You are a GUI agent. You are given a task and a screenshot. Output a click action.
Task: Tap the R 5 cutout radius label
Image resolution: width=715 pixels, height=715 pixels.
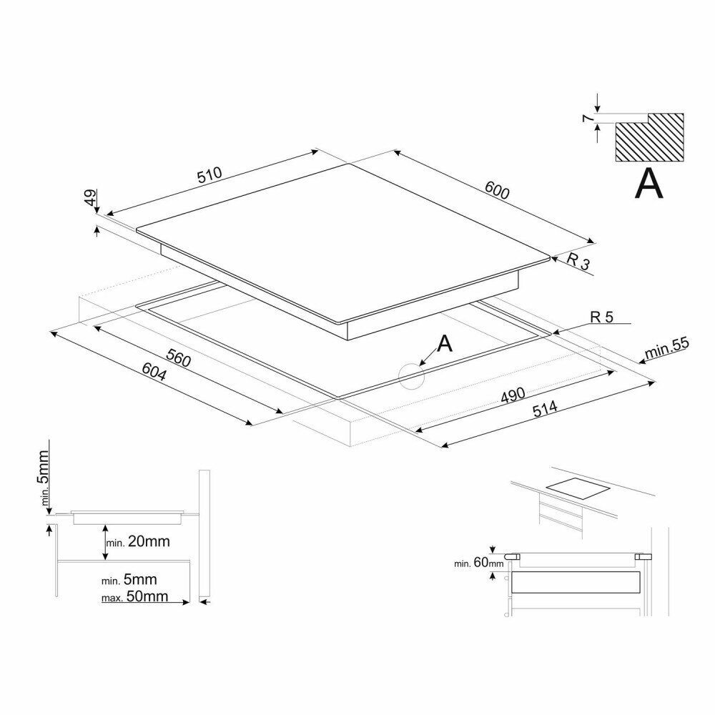[601, 317]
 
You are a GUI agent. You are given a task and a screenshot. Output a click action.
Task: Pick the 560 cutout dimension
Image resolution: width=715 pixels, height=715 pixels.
[179, 357]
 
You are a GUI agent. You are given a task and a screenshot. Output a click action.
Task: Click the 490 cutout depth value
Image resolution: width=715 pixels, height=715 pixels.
[512, 395]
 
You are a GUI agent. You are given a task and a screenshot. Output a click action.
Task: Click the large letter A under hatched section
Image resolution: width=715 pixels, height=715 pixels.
[649, 184]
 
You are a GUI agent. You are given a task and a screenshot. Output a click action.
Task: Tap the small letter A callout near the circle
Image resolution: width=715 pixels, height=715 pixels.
[445, 344]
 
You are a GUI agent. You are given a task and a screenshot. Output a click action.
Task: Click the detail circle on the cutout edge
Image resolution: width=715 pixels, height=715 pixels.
[412, 375]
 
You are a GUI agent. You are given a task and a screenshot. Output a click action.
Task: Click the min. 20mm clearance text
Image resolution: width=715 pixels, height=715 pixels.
[138, 541]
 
